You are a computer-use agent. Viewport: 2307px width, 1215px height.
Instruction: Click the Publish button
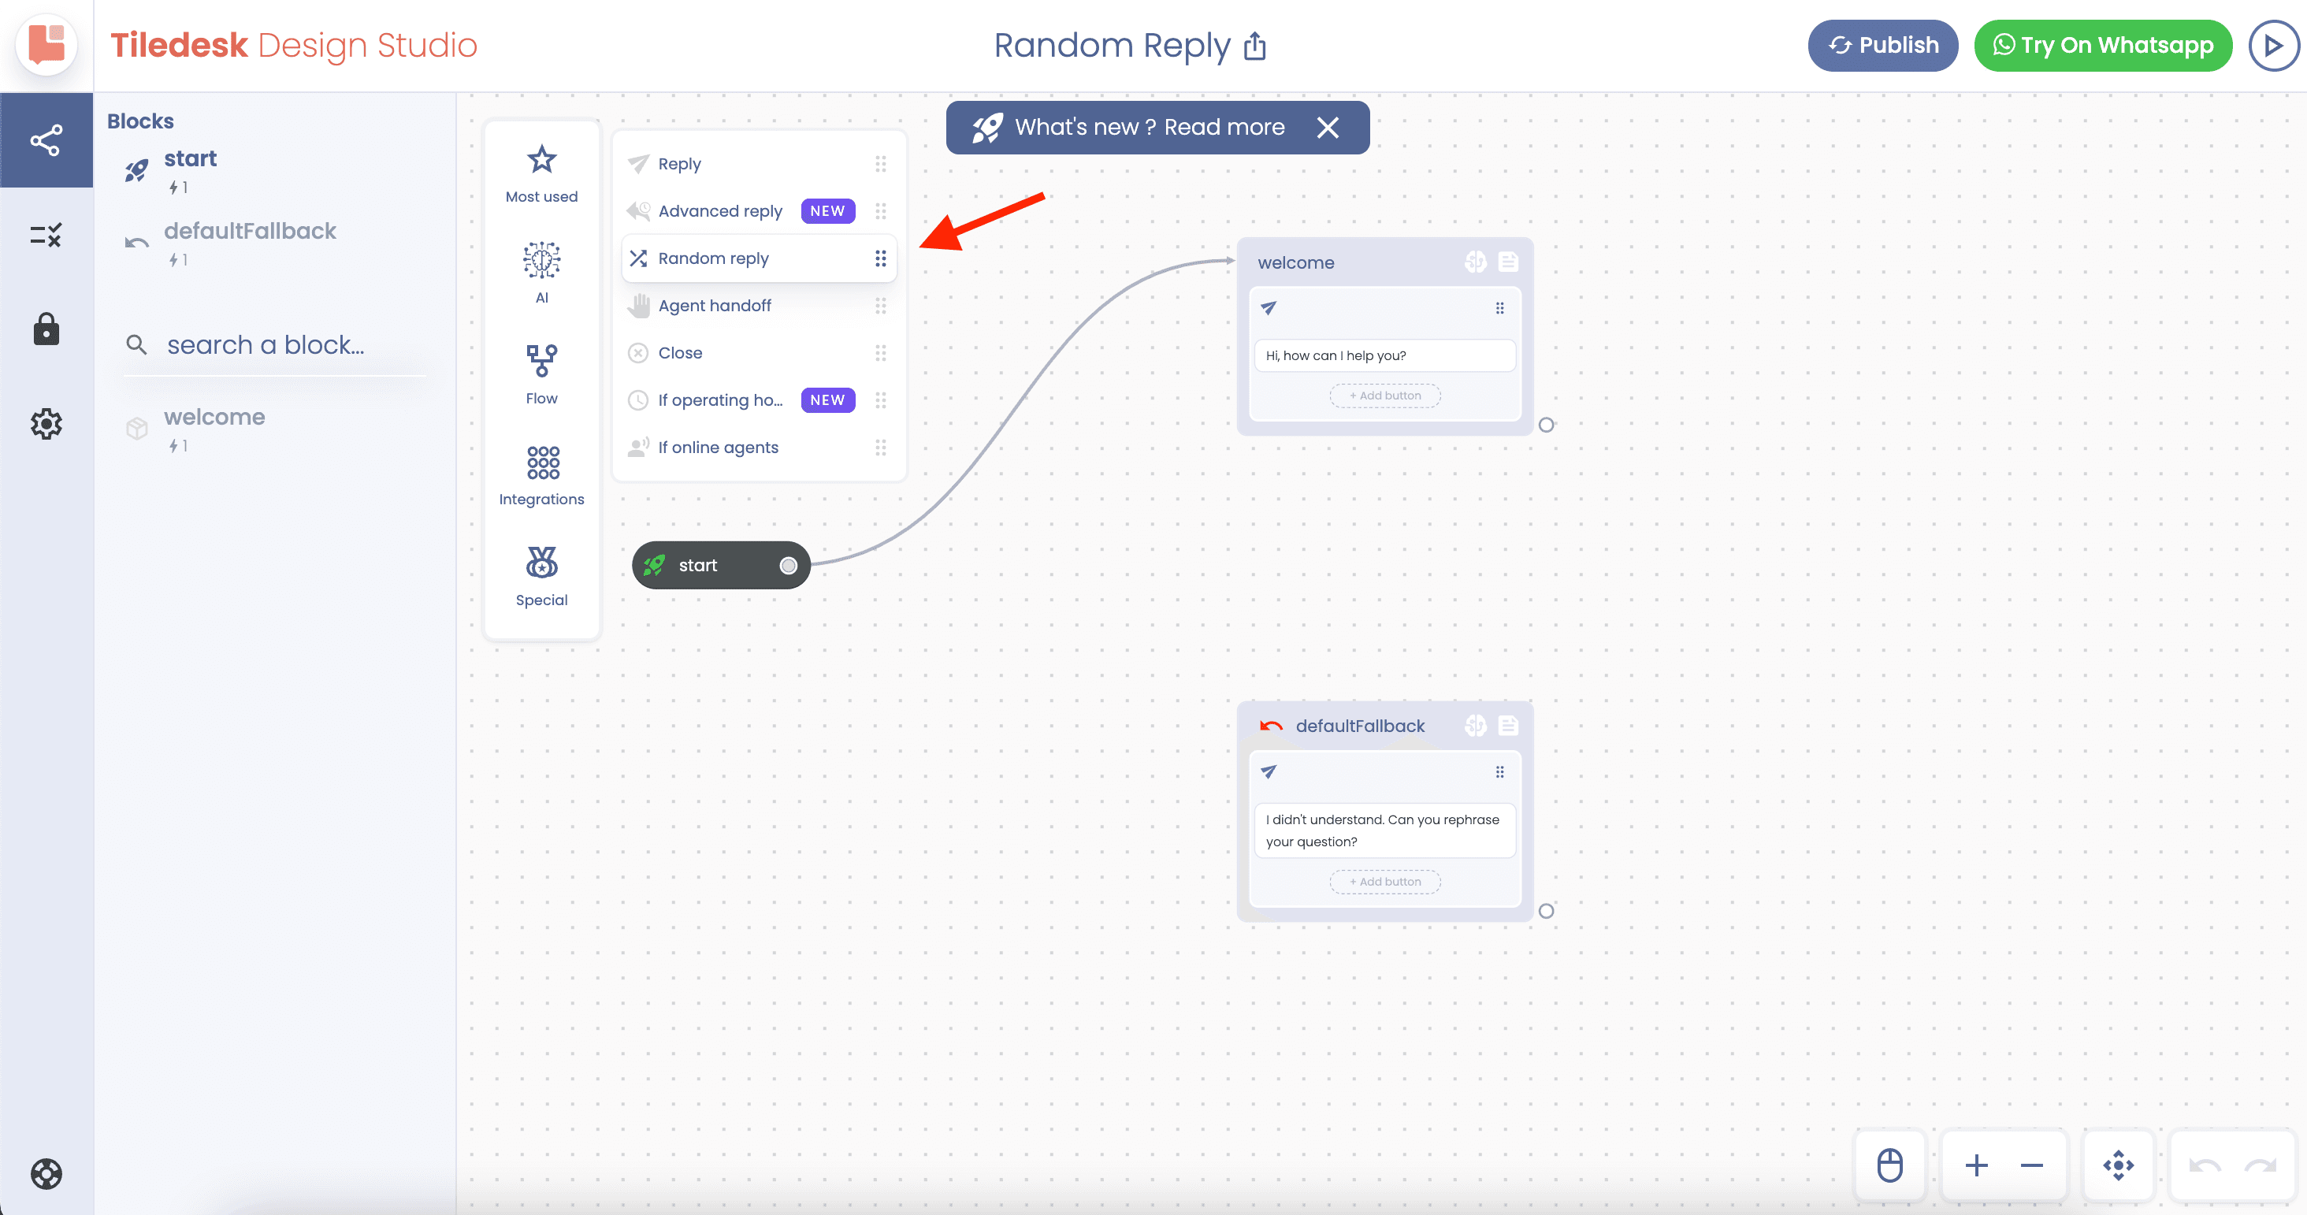[1882, 46]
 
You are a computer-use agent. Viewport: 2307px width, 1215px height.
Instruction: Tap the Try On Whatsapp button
[2103, 46]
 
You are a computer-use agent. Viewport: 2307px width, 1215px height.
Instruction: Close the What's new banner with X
[1328, 127]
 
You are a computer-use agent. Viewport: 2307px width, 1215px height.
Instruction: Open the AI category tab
[542, 272]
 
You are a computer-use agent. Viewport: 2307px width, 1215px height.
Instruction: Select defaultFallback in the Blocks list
[249, 231]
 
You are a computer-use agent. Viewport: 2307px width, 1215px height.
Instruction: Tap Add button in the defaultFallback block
[1384, 882]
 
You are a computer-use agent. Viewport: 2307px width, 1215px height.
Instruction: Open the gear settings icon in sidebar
[46, 423]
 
